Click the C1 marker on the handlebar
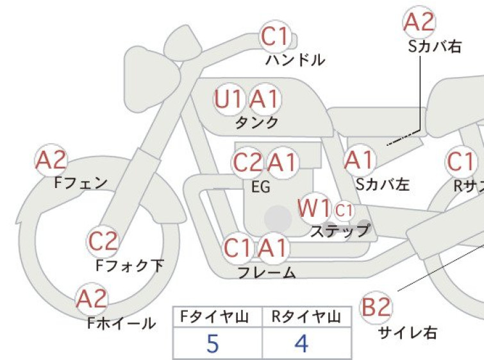(x=275, y=37)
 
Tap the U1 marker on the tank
(x=228, y=99)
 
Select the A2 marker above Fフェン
(x=51, y=160)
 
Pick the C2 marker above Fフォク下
(x=103, y=241)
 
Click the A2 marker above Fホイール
(x=92, y=299)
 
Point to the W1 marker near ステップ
(x=315, y=208)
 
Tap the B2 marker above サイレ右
(x=376, y=307)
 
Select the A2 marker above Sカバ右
(x=419, y=22)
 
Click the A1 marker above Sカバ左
(x=360, y=160)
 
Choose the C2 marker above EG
(x=247, y=162)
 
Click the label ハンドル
(x=295, y=60)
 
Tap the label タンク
(x=257, y=123)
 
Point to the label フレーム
(x=267, y=272)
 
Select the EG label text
(x=261, y=187)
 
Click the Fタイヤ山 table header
(x=215, y=317)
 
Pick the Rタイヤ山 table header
(x=306, y=317)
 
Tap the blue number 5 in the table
(x=213, y=343)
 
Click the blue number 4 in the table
(x=301, y=343)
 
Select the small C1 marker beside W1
(x=344, y=210)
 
